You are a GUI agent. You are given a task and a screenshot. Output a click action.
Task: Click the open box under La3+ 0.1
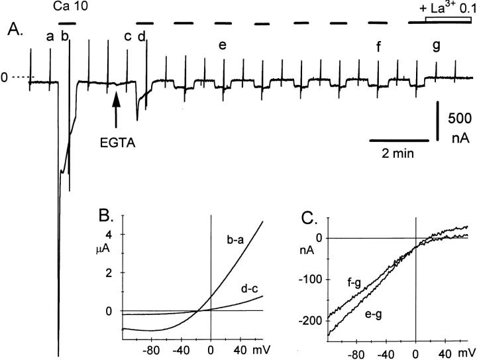coord(444,20)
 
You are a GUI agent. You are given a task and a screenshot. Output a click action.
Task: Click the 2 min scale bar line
coord(398,141)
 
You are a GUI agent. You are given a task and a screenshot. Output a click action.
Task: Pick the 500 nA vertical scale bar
coord(437,121)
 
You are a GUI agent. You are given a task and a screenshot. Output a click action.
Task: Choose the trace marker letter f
coord(378,46)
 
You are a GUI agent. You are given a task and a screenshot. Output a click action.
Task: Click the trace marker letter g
coord(436,46)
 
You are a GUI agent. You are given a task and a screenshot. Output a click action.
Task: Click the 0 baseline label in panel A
coord(5,78)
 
